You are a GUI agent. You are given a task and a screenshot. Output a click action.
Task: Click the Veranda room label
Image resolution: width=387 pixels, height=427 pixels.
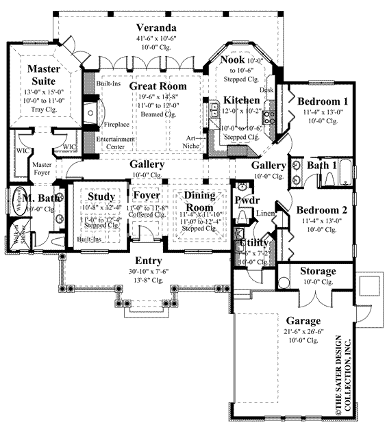coord(157,27)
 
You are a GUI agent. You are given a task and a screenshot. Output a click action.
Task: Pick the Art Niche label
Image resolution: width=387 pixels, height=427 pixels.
coord(197,141)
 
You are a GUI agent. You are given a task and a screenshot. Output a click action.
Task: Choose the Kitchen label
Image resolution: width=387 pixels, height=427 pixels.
coord(242,101)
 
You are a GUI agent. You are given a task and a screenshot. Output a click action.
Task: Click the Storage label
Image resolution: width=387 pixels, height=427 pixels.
coord(319,271)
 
